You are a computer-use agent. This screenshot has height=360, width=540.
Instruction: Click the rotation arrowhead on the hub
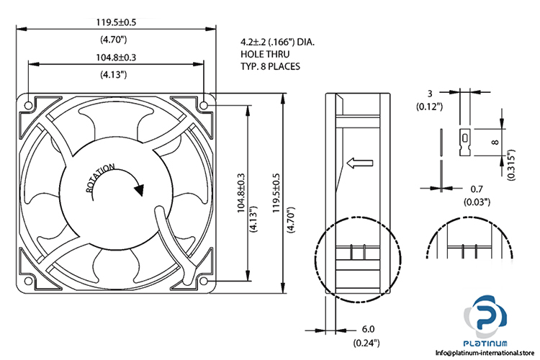click(x=139, y=190)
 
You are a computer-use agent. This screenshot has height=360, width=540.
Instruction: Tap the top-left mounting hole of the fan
click(x=28, y=105)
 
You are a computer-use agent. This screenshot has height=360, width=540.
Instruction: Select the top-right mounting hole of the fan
click(x=204, y=105)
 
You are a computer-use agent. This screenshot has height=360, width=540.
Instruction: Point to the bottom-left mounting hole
click(x=28, y=280)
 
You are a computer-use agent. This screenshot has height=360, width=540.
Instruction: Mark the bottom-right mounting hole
click(x=204, y=280)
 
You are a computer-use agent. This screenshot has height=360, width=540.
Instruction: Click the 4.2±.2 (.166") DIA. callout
click(x=277, y=42)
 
